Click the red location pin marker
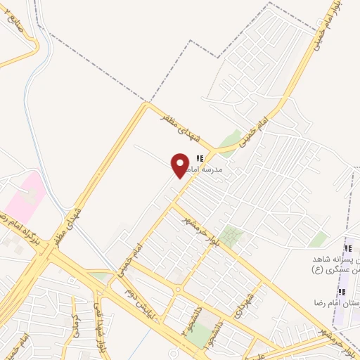click(x=181, y=165)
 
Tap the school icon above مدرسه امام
click(x=200, y=159)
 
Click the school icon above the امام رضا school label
click(x=342, y=292)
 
